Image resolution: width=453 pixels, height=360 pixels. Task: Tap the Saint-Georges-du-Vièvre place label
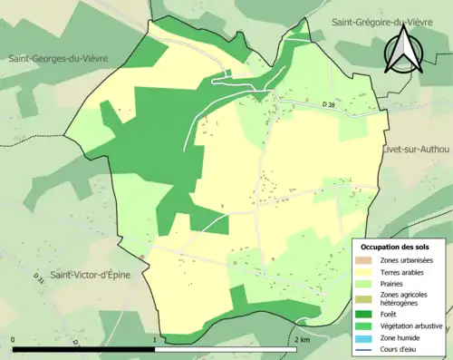(58, 59)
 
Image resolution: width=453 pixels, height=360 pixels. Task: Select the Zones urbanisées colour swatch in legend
(367, 259)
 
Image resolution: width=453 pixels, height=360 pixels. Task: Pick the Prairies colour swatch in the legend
(367, 282)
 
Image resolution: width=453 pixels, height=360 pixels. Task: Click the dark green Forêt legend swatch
(367, 315)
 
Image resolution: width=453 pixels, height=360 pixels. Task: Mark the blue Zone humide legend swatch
(367, 336)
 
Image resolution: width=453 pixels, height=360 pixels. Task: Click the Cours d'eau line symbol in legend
(367, 347)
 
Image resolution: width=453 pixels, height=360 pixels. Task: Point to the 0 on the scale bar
(14, 339)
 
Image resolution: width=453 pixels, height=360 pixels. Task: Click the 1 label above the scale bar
(155, 339)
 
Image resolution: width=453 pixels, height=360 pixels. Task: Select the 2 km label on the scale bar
(302, 339)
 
